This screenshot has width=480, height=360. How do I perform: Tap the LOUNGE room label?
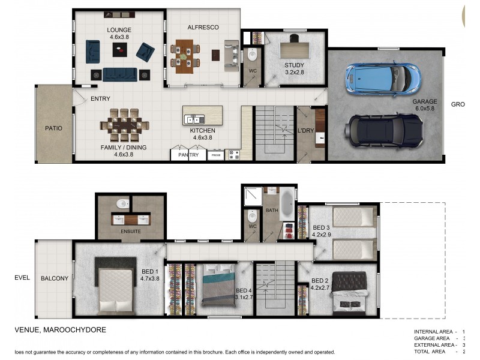tap(119, 30)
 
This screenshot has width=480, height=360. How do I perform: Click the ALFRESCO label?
tap(203, 28)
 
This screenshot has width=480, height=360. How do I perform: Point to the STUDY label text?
tap(294, 65)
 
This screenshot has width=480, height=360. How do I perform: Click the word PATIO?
tap(53, 128)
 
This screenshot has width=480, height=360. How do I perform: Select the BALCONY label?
tap(55, 278)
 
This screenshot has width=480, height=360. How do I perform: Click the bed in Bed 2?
tap(349, 292)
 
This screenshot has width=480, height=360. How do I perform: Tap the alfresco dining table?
tap(185, 53)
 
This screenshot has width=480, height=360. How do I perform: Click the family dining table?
tap(125, 125)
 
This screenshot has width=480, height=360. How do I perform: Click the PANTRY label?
tap(188, 155)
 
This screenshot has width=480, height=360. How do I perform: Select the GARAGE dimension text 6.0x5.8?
tap(424, 109)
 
